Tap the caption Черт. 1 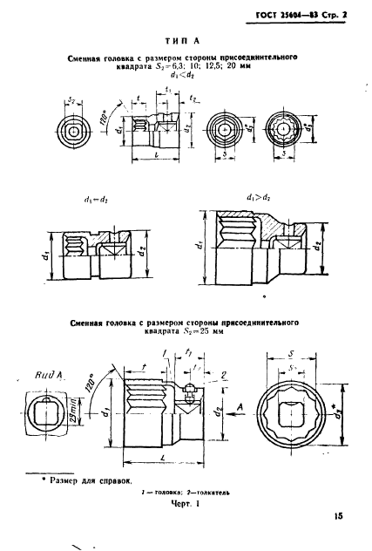pyautogui.click(x=186, y=504)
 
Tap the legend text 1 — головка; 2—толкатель pyautogui.click(x=186, y=493)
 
